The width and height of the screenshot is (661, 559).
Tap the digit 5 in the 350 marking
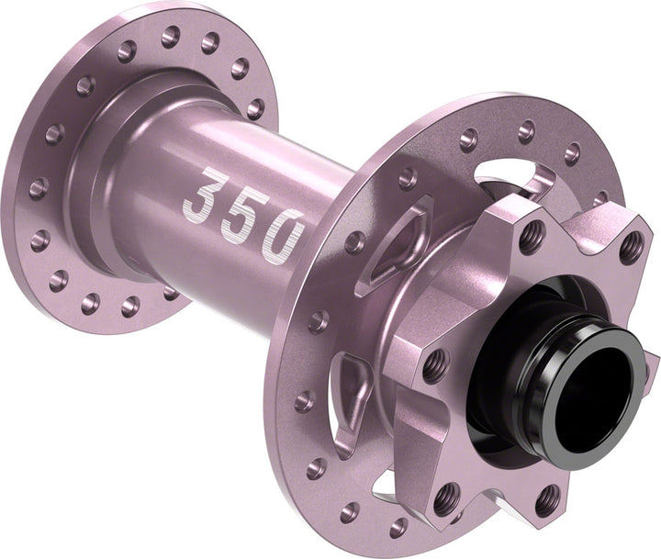[x=246, y=209]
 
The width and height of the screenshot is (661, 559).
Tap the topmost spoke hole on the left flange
[x=171, y=36]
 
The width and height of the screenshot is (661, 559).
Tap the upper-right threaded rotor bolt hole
[x=632, y=245]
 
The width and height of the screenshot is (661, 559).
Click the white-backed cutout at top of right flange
[x=510, y=180]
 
